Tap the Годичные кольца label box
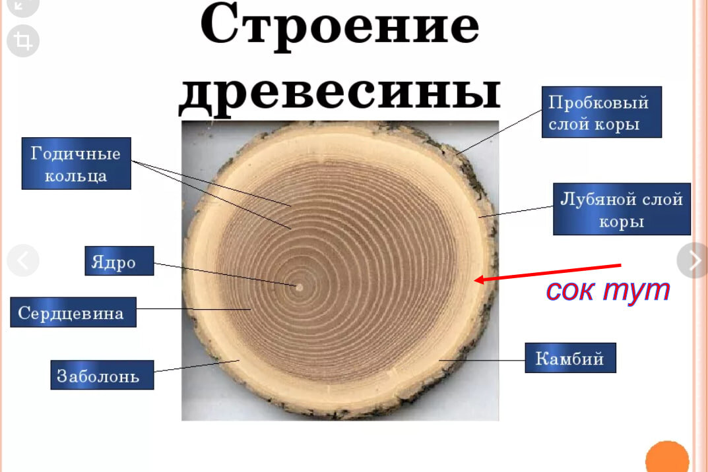pos(76,163)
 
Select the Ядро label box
pos(119,261)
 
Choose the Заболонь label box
pos(102,375)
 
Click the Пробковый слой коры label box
pos(601,112)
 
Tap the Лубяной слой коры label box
pos(622,209)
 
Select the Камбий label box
pos(570,358)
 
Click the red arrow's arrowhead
pos(480,280)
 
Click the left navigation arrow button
pos(23,260)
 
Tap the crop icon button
pos(23,42)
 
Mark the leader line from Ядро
pos(224,274)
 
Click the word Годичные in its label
pos(76,154)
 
